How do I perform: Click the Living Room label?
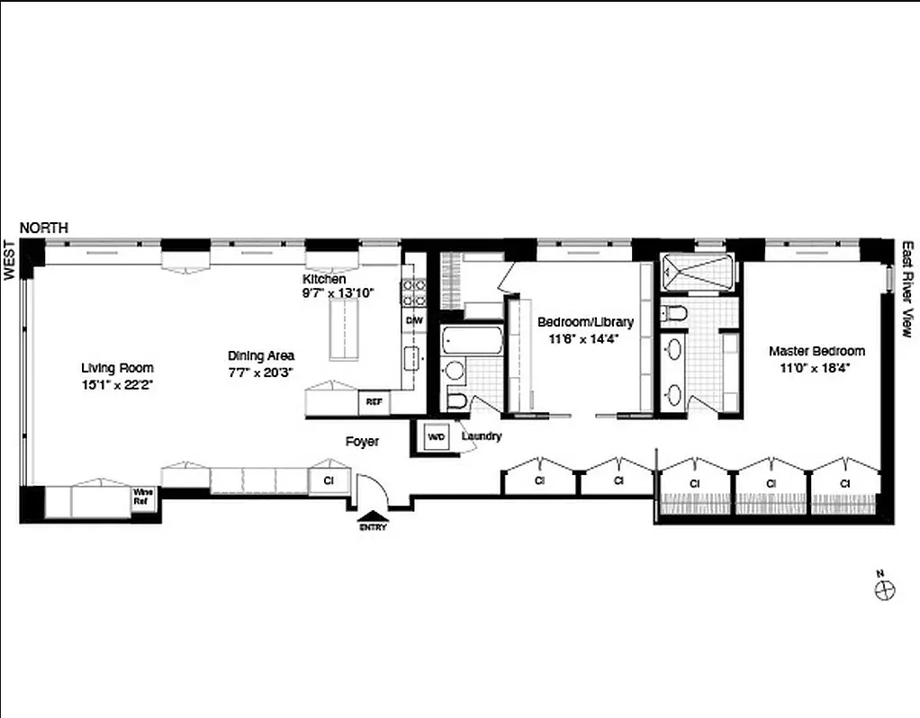[117, 367]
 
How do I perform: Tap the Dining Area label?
[261, 355]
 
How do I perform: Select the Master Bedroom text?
[816, 351]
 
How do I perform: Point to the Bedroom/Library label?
[585, 322]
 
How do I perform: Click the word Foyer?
[362, 442]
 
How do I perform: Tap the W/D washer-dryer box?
[436, 437]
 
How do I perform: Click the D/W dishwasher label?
[414, 320]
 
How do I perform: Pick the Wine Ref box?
[142, 497]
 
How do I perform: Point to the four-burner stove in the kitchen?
[413, 291]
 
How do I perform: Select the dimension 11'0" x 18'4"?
[816, 367]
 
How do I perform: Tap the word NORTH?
[44, 229]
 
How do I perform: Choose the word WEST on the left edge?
[10, 260]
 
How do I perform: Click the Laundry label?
[482, 436]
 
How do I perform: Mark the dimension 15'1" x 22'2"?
[117, 383]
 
